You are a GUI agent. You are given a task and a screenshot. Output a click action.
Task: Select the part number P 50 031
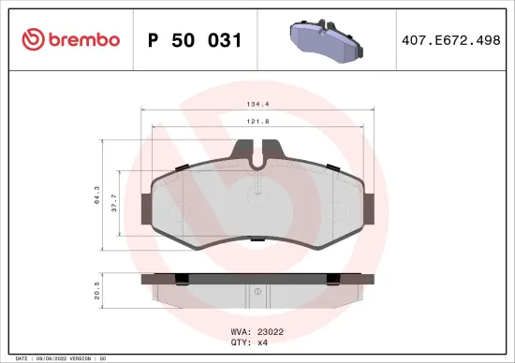click(x=195, y=40)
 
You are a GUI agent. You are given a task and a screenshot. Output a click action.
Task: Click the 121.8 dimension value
click(x=257, y=123)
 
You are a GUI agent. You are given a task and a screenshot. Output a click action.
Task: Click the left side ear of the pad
click(x=144, y=207)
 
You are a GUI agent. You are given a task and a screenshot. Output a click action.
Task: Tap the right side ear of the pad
click(x=369, y=207)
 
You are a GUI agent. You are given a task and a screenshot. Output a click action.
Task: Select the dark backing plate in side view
click(x=257, y=279)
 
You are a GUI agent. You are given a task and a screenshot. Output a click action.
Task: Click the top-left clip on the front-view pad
click(x=180, y=167)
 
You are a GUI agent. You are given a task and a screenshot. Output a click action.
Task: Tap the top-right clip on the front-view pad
click(x=333, y=167)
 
